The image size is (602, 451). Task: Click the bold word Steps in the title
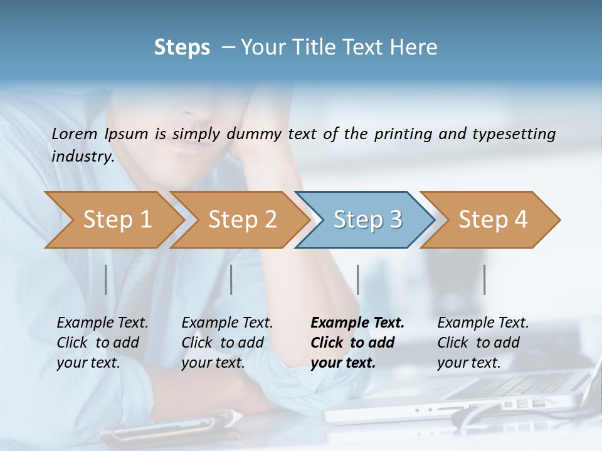coord(182,48)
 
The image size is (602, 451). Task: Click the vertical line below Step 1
coord(106,279)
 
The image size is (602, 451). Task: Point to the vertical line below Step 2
coord(231,279)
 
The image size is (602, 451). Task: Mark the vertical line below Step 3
coord(358,279)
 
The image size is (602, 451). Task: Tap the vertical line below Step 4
coord(485,279)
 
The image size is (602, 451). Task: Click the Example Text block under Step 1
coord(102,342)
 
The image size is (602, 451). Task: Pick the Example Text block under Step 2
coord(227,342)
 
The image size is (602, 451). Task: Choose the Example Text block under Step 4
coord(483,342)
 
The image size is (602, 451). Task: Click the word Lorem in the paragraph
coord(75,133)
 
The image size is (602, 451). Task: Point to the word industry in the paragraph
coord(83,156)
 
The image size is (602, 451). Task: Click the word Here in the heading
coord(417,48)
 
